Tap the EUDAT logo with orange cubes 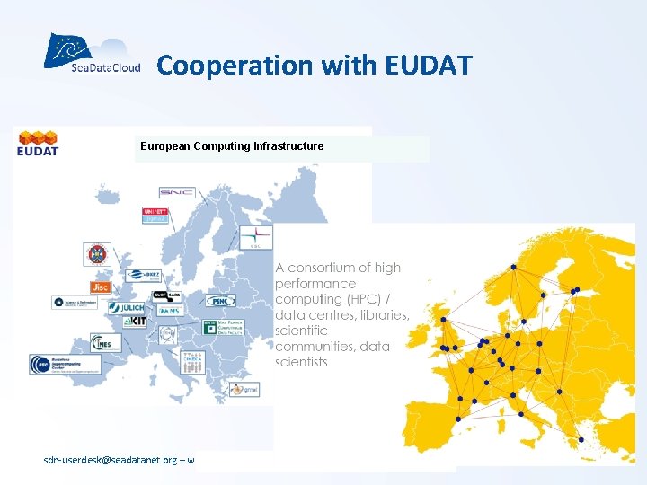point(37,143)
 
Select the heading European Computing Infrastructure point(232,145)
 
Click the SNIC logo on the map point(176,192)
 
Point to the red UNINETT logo point(155,215)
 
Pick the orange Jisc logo point(101,287)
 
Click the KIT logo point(134,321)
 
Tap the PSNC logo point(221,300)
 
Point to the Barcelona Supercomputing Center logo point(63,365)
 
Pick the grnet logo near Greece point(244,389)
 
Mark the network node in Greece point(581,439)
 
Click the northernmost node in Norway point(513,267)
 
